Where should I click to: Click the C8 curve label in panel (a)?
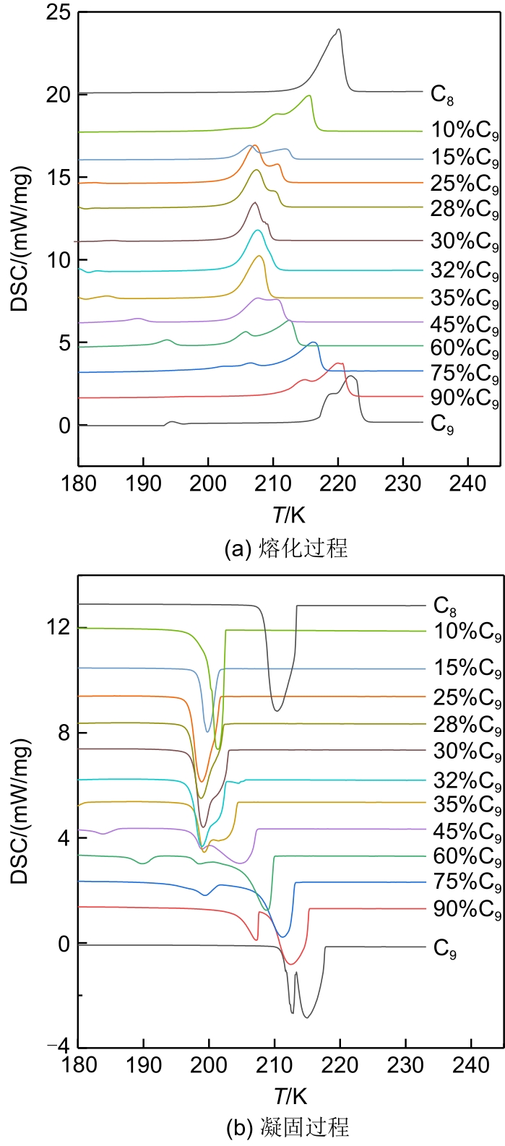(x=442, y=95)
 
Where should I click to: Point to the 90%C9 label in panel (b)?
(x=467, y=910)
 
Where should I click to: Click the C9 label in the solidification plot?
(x=445, y=948)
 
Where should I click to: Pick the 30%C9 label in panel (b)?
(x=467, y=752)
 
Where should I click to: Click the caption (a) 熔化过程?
(x=287, y=548)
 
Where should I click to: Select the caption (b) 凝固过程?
(x=288, y=1126)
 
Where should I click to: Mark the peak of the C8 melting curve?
(x=338, y=30)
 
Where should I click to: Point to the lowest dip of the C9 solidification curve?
(x=307, y=1017)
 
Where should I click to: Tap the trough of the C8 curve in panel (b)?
(x=276, y=711)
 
